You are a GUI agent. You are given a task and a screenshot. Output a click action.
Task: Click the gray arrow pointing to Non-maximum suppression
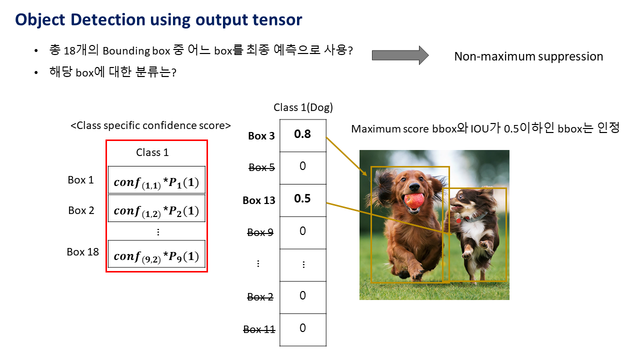tap(400, 55)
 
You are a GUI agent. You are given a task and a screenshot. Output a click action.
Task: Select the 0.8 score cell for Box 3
tap(303, 135)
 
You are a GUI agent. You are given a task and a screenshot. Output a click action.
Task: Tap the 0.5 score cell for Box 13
tap(303, 200)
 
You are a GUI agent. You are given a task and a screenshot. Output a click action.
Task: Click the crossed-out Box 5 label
tap(261, 167)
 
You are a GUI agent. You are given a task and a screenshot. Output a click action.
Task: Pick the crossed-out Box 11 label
tap(259, 329)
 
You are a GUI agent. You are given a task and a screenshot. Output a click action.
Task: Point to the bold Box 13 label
tap(259, 200)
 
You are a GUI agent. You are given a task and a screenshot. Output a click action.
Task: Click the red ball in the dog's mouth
tap(414, 200)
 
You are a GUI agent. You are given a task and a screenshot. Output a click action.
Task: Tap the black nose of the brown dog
tap(414, 187)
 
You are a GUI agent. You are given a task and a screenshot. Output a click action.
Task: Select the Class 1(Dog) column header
tap(303, 107)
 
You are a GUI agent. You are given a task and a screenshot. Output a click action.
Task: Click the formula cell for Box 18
tap(156, 253)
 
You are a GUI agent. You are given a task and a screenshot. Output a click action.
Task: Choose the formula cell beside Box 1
tap(156, 179)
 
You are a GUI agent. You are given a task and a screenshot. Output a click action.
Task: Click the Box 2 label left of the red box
tap(81, 210)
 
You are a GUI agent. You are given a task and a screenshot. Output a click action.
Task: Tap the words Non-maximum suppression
tap(528, 56)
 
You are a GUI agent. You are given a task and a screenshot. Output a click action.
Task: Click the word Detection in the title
tap(107, 19)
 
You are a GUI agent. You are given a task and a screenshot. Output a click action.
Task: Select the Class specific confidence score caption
tap(150, 125)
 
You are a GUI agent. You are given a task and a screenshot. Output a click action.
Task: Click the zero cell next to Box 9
tap(303, 232)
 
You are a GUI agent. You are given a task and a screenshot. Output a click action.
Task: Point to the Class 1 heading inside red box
tap(152, 152)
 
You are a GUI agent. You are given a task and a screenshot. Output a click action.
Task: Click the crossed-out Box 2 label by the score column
tap(260, 297)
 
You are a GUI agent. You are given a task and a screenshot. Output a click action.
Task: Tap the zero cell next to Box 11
tap(303, 329)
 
